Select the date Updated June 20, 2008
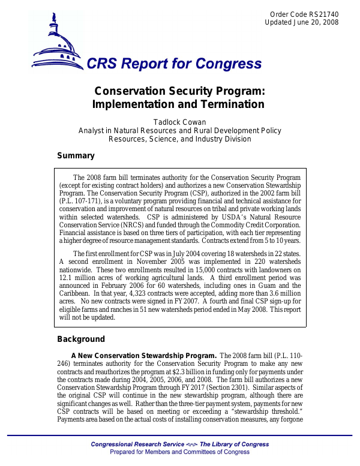tap(301, 22)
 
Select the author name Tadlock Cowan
tap(179, 122)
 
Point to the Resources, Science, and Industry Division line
tap(179, 139)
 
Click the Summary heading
tap(76, 156)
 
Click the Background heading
tap(80, 339)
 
